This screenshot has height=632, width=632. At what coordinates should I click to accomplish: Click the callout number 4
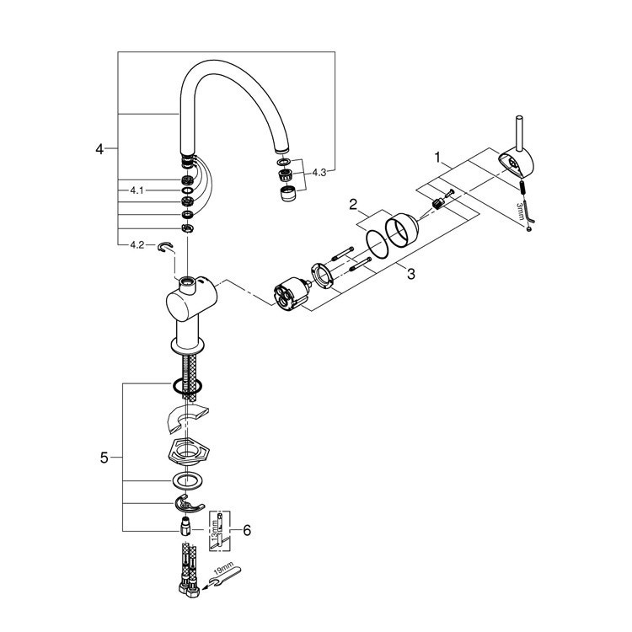pyautogui.click(x=99, y=149)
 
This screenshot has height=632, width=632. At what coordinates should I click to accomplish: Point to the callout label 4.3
pyautogui.click(x=319, y=172)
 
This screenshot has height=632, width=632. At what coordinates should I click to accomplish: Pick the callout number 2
pyautogui.click(x=355, y=204)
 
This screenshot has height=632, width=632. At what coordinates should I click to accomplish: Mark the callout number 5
pyautogui.click(x=104, y=458)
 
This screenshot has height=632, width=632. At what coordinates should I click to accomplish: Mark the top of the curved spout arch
pyautogui.click(x=232, y=64)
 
